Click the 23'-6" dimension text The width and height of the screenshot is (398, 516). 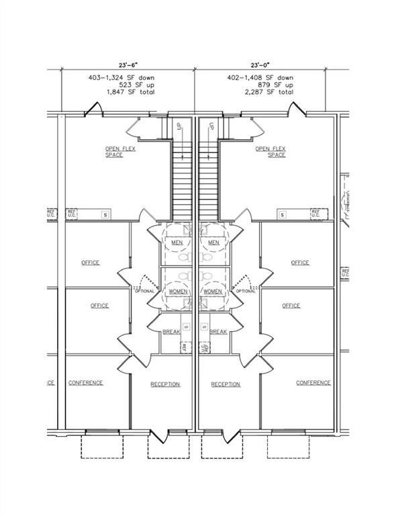tap(127, 66)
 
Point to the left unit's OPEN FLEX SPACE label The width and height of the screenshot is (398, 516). tap(120, 152)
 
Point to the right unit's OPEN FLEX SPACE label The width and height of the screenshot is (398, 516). tap(271, 152)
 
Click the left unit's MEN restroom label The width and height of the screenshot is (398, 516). tap(177, 243)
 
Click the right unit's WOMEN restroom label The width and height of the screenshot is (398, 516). tap(212, 292)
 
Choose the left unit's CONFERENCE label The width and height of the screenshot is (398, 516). tap(85, 383)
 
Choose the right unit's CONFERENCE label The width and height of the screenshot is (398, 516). tap(313, 383)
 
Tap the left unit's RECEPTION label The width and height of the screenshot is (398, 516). tap(165, 384)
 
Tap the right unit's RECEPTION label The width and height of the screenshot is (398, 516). tap(226, 384)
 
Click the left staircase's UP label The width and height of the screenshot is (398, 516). tap(179, 126)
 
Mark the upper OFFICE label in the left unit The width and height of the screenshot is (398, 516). tap(90, 263)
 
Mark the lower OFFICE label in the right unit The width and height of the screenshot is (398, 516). tap(291, 306)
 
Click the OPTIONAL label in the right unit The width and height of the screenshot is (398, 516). tap(245, 291)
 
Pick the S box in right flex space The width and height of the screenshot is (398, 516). tap(283, 214)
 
